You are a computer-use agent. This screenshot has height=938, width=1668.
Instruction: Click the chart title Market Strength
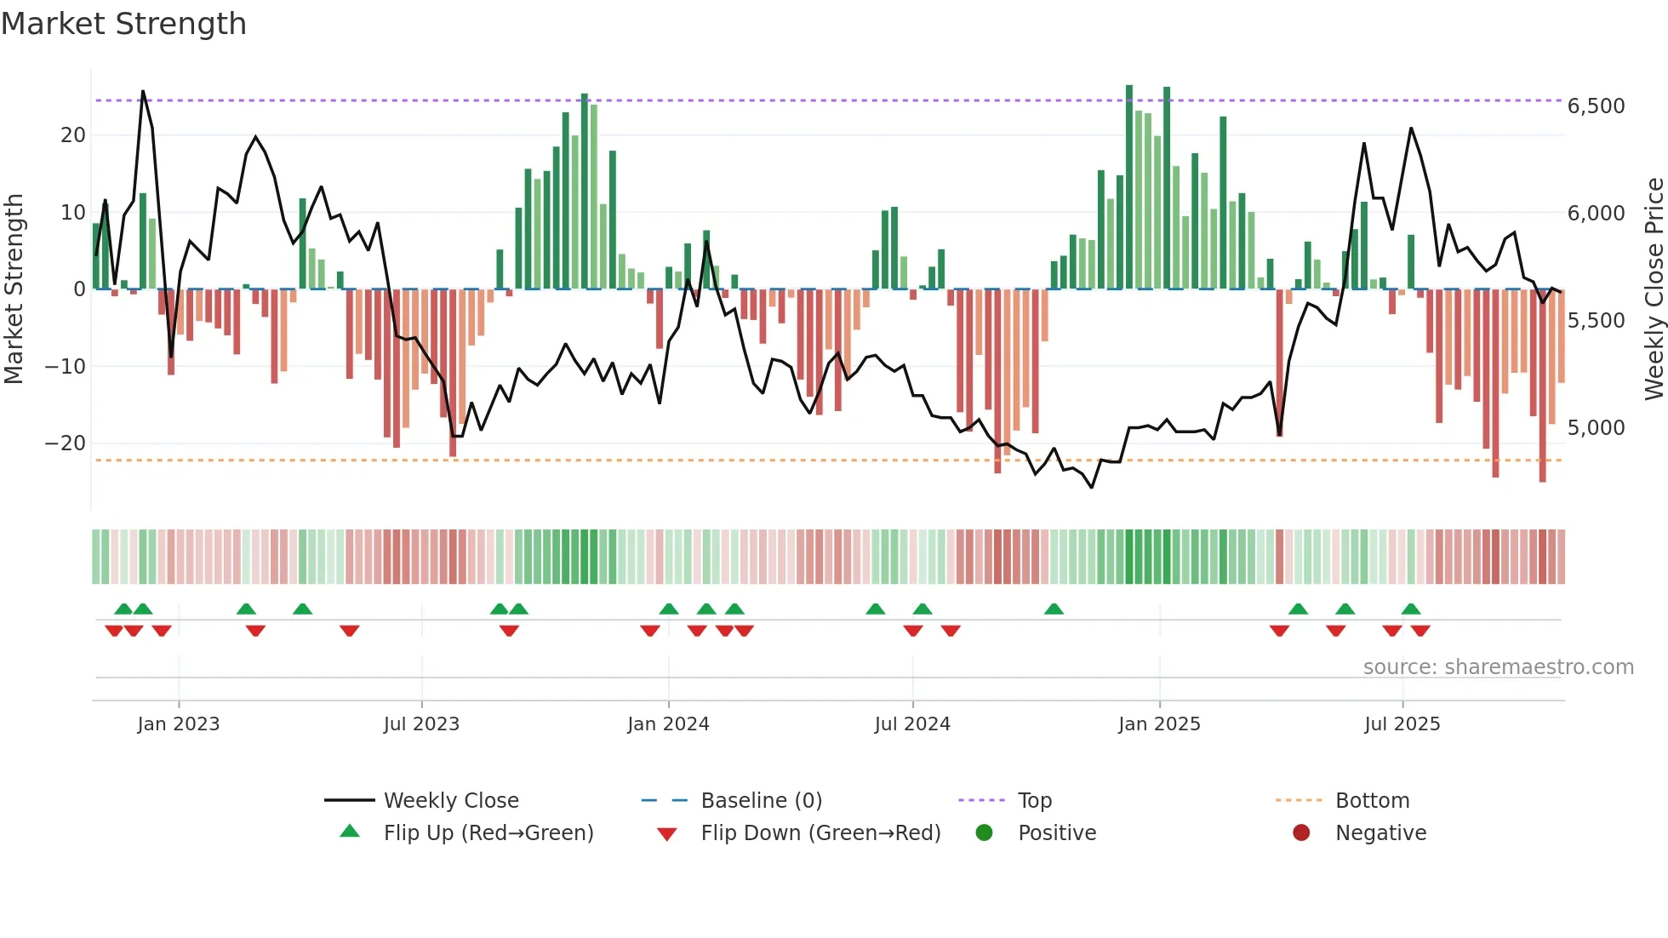(x=123, y=24)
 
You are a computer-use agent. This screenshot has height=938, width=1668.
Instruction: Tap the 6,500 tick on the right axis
(x=1596, y=106)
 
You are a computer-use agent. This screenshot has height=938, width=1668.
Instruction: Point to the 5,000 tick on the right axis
(x=1596, y=427)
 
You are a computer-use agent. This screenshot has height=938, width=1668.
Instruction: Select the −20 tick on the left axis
(x=65, y=443)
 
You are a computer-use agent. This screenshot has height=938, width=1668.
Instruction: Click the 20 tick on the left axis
(x=73, y=135)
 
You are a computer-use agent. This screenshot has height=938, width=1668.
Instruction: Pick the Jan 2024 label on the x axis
(x=668, y=724)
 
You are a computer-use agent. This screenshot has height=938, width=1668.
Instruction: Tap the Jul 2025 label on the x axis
(x=1402, y=724)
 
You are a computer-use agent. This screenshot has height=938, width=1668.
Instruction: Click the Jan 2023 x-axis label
(x=179, y=724)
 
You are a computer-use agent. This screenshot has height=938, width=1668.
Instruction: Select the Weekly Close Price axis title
(x=1654, y=289)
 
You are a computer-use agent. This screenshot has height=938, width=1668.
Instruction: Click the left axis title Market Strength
(x=14, y=289)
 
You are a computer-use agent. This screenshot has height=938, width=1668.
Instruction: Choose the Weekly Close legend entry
(x=450, y=801)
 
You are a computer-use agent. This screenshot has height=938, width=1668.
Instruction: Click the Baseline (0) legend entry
(x=761, y=801)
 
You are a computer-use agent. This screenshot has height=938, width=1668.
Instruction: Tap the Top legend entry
(x=1034, y=801)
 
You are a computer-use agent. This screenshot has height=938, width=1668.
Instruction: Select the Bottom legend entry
(x=1372, y=801)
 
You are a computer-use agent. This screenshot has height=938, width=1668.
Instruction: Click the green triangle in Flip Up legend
(x=350, y=832)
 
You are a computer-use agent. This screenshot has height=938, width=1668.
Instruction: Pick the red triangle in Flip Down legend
(x=667, y=834)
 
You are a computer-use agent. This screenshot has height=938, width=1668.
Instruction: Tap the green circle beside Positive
(x=984, y=832)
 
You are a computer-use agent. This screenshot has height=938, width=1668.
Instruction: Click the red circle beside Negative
(x=1301, y=832)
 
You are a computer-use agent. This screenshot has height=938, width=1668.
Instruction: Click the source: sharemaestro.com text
(x=1498, y=667)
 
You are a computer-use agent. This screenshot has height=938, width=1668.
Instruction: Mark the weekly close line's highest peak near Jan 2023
(x=143, y=91)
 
